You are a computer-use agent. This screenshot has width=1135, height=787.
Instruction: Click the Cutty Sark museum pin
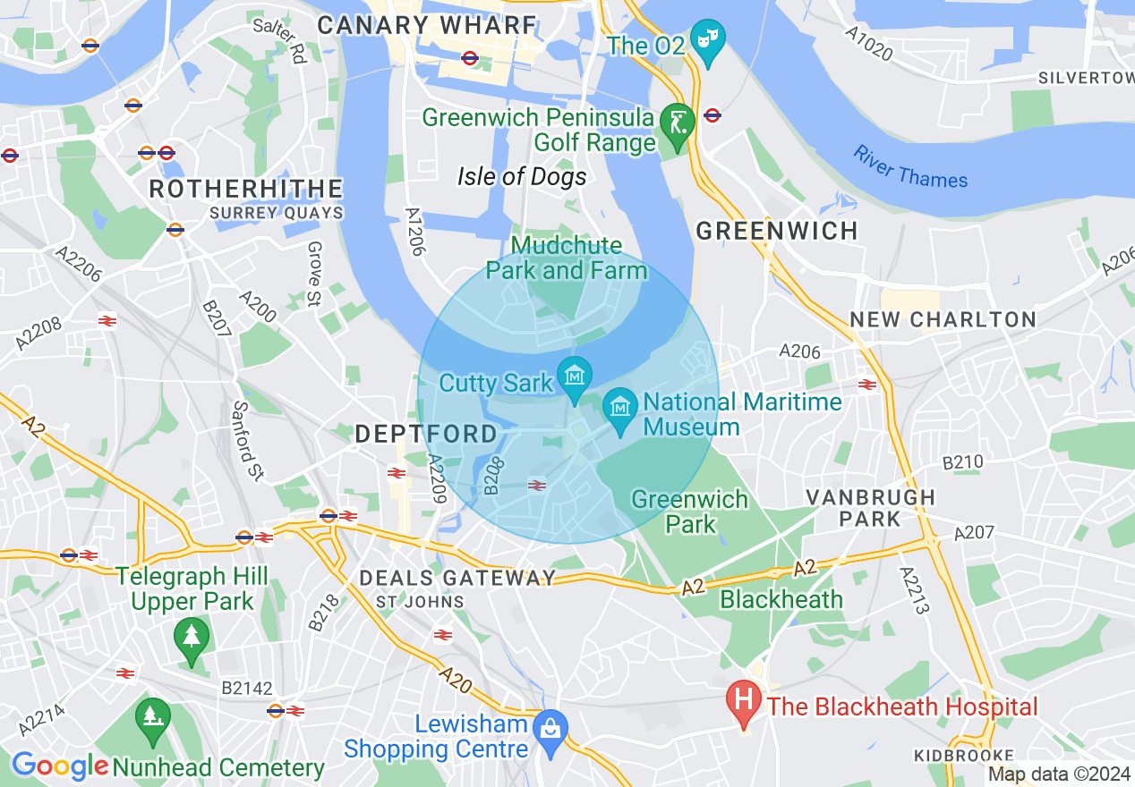(x=573, y=375)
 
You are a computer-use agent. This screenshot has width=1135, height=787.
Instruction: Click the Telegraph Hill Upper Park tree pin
(x=192, y=637)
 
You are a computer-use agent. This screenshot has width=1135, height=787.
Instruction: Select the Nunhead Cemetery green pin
(x=152, y=717)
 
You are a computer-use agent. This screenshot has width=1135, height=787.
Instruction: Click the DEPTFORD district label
(x=426, y=435)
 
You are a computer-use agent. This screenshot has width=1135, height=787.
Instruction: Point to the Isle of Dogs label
(x=522, y=177)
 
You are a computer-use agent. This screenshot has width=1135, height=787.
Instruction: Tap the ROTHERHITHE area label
(x=245, y=189)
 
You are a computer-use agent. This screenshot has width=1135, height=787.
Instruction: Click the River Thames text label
(x=910, y=167)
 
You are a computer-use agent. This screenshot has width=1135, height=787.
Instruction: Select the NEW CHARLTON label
(x=943, y=319)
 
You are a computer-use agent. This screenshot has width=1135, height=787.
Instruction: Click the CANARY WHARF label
(x=426, y=25)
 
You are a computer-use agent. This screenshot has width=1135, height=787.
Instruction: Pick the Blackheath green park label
(x=781, y=599)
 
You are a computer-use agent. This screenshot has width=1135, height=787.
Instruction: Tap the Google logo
(x=60, y=766)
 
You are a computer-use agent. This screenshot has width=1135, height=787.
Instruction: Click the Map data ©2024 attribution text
(x=1060, y=774)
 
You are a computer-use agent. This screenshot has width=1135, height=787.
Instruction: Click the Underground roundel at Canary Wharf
(x=470, y=58)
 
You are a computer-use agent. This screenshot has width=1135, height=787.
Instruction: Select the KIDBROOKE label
(x=964, y=756)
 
